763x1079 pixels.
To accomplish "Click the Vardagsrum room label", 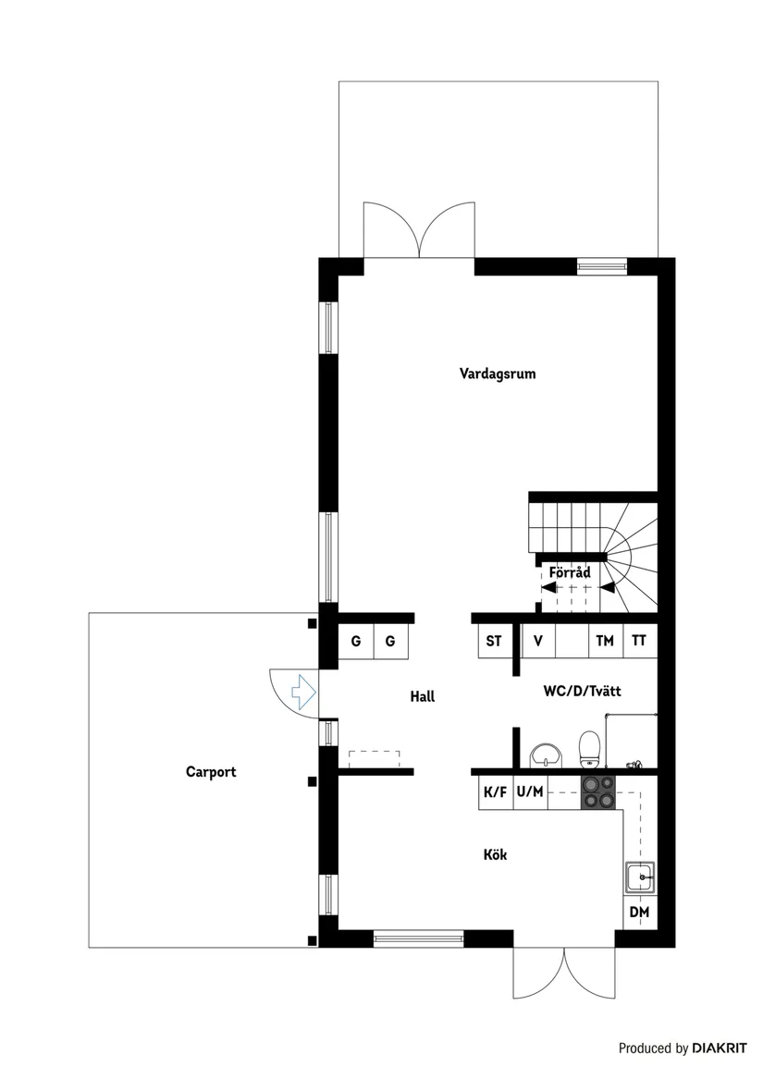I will (x=498, y=374).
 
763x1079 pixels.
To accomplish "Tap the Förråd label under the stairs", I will (x=570, y=573).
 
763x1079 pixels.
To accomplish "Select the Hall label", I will (x=422, y=697).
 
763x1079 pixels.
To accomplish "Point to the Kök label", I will (x=495, y=855).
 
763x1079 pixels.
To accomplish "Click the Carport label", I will (x=211, y=772).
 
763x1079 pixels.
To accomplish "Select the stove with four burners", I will (x=597, y=792).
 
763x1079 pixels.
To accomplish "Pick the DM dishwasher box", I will (x=639, y=913).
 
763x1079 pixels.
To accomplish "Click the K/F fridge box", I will (x=495, y=792).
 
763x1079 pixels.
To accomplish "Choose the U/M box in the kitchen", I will (x=530, y=792).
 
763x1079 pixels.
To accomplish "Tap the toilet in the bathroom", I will (x=589, y=749).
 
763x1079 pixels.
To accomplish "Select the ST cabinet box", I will (x=494, y=641).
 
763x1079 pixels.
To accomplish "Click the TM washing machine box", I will (x=605, y=641).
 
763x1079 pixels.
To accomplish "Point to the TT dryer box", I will (x=639, y=641).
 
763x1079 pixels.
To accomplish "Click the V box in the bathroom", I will (x=537, y=641).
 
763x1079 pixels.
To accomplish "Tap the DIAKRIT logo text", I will (x=720, y=1048).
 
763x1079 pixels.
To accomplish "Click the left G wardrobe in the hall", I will (x=355, y=641).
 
